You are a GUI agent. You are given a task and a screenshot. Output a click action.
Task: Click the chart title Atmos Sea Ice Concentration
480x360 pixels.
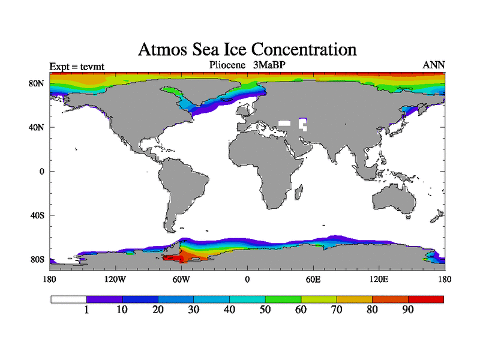click(x=247, y=49)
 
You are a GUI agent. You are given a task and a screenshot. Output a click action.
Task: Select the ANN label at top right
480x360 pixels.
click(x=434, y=65)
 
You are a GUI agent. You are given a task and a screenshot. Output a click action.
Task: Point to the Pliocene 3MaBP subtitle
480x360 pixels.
click(x=247, y=65)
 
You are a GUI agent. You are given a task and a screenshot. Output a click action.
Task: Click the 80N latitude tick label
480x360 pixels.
click(x=38, y=83)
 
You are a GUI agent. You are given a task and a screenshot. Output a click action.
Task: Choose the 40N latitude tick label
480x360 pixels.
click(x=38, y=127)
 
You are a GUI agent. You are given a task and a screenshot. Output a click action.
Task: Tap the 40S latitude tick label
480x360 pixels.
click(x=38, y=215)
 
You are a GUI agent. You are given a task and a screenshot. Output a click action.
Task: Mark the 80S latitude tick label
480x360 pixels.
click(x=38, y=259)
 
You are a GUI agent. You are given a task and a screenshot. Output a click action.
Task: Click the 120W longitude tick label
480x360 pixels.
click(x=115, y=279)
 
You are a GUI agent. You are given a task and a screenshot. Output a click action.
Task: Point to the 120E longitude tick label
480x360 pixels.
click(x=379, y=279)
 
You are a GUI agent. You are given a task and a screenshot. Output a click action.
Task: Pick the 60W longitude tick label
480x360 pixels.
click(x=181, y=279)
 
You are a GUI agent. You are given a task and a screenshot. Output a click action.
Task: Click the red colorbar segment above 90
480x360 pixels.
click(x=426, y=299)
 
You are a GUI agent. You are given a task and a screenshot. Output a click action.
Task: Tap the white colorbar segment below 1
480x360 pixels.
click(x=69, y=299)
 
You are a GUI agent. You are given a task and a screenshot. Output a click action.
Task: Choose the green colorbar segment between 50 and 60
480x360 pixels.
click(x=283, y=299)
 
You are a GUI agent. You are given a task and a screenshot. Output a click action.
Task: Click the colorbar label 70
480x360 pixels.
click(x=337, y=310)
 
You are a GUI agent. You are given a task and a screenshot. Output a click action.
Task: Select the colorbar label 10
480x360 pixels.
click(x=122, y=310)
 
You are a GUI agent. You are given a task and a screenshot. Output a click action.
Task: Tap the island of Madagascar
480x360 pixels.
click(x=298, y=192)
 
